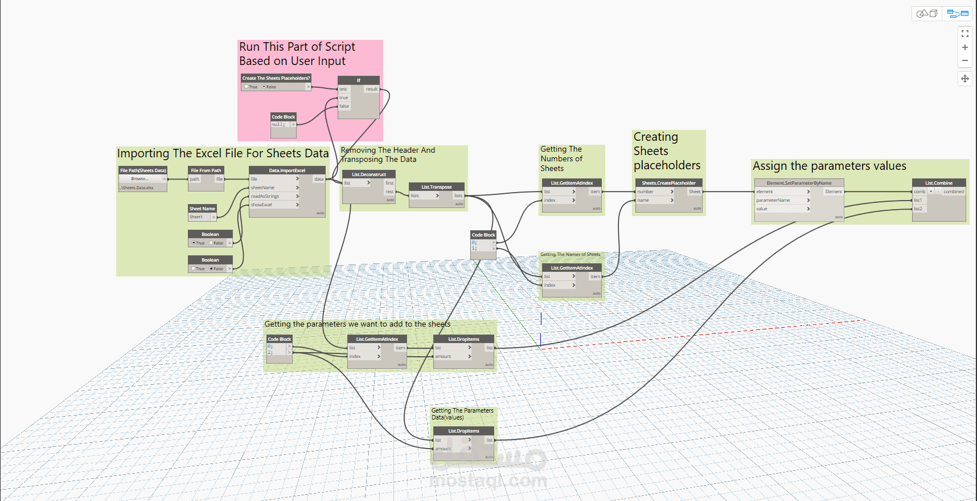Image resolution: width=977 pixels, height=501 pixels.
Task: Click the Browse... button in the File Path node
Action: (x=139, y=179)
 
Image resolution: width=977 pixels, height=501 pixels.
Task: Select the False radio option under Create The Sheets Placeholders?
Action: (x=264, y=87)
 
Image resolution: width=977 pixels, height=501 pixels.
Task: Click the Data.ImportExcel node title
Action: (x=287, y=170)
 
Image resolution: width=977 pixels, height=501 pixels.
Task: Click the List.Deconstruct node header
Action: (x=368, y=174)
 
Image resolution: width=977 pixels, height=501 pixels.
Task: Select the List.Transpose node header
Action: (x=436, y=187)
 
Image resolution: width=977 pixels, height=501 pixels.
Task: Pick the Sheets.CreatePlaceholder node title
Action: (x=668, y=183)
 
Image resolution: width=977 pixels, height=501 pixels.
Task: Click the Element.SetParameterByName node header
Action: (x=799, y=183)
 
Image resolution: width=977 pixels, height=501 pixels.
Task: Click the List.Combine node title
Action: (x=938, y=183)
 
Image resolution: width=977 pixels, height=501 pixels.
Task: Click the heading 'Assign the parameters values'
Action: (x=829, y=166)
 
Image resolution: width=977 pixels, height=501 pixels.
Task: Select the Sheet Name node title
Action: (x=202, y=209)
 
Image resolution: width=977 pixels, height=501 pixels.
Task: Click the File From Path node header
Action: (x=206, y=170)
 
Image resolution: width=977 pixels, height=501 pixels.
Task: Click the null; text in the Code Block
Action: (x=278, y=124)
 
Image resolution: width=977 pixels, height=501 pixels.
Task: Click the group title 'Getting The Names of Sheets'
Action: (x=570, y=254)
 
